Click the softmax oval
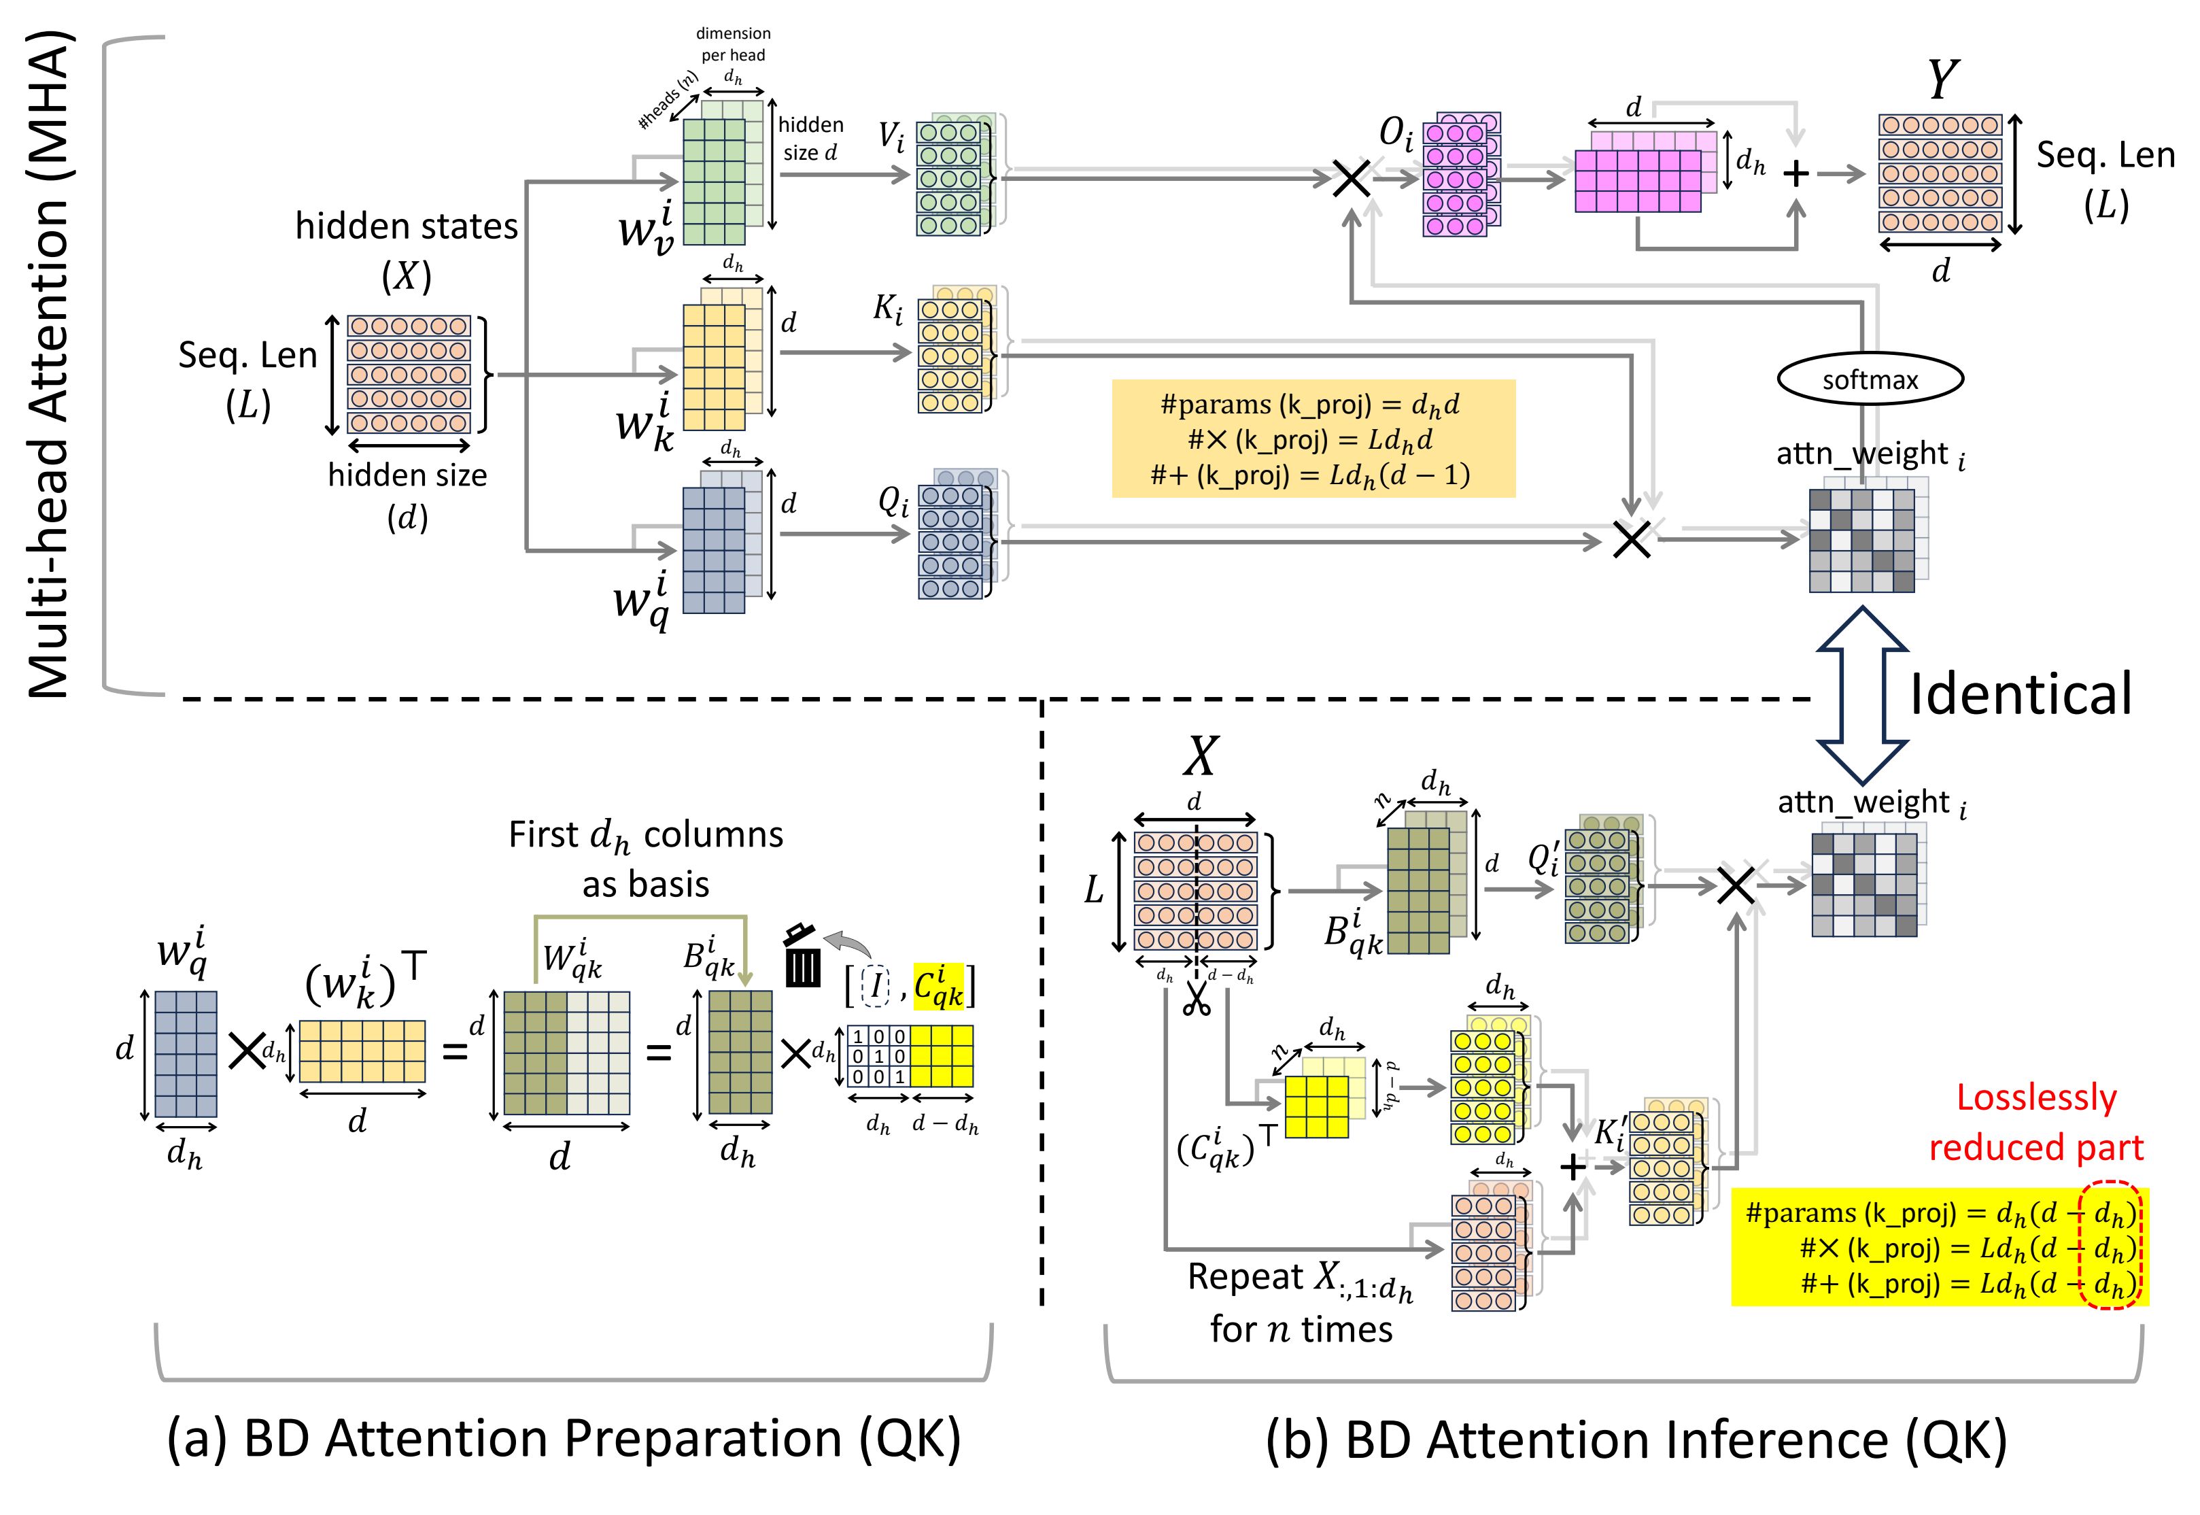(x=1869, y=379)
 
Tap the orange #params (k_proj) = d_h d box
(x=1313, y=439)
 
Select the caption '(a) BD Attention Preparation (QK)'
(x=564, y=1439)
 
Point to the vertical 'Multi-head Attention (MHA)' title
(x=50, y=365)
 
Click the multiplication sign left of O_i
(x=1351, y=177)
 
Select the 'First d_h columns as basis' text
(x=645, y=859)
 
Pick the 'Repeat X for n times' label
(x=1301, y=1302)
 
